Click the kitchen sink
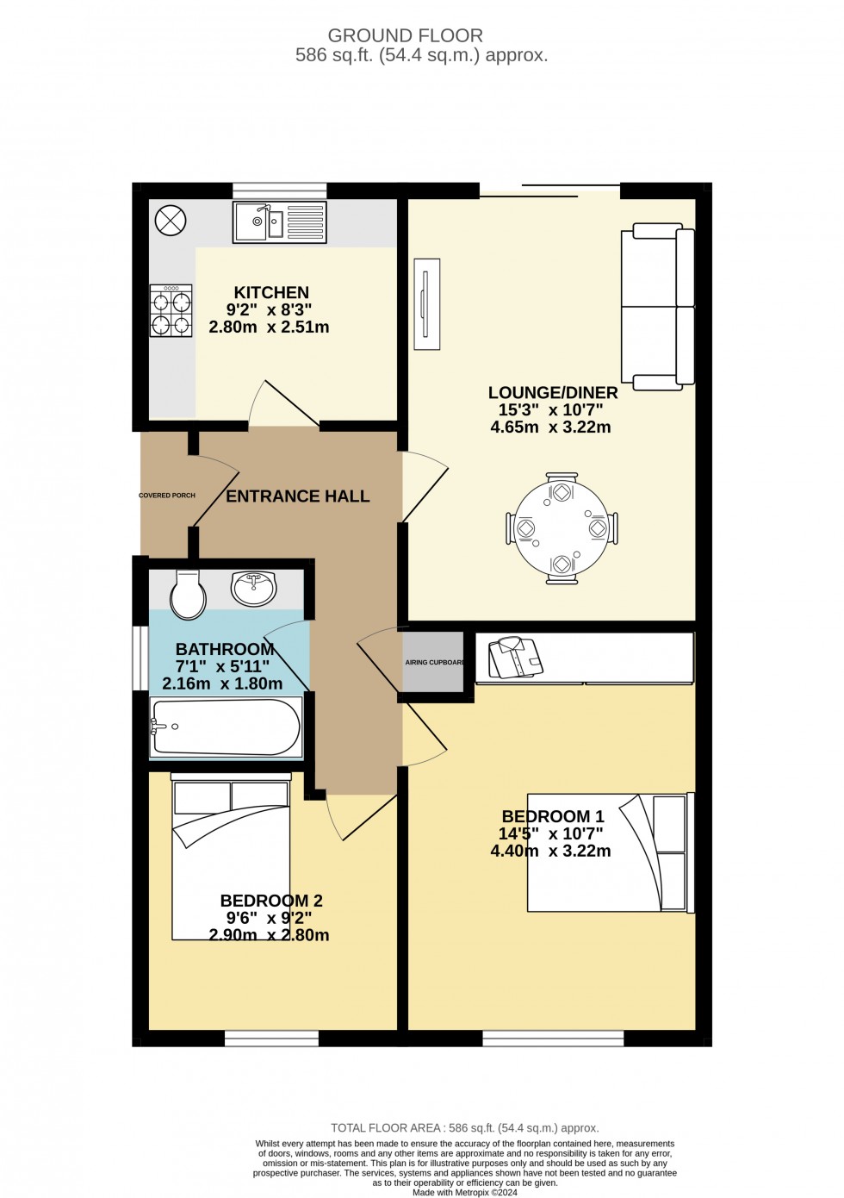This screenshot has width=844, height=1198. pos(279,222)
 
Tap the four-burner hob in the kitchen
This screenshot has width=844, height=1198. pos(171,310)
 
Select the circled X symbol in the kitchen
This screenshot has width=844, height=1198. pos(171,221)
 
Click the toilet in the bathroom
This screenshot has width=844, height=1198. pos(188,594)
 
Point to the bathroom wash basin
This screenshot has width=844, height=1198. pos(254,588)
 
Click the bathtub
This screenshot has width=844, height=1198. pos(227,727)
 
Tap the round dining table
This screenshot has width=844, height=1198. pos(562,527)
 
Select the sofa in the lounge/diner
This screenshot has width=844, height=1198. pos(658,307)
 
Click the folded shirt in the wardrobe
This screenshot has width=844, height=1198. pos(515,657)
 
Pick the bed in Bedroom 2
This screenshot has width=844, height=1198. pos(231,856)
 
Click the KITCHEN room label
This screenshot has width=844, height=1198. pos(271,292)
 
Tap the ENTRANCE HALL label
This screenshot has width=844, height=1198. pos(298,496)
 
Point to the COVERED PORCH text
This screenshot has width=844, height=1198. pos(167,496)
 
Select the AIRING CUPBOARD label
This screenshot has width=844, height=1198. pos(434,662)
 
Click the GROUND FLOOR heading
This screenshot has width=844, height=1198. pos(405,36)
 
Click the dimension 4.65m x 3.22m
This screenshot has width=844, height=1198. pos(550,427)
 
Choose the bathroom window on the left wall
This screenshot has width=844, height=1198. pos(140,658)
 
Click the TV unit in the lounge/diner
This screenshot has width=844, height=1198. pos(426,304)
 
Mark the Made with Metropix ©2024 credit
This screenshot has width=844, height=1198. pos(464,1193)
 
